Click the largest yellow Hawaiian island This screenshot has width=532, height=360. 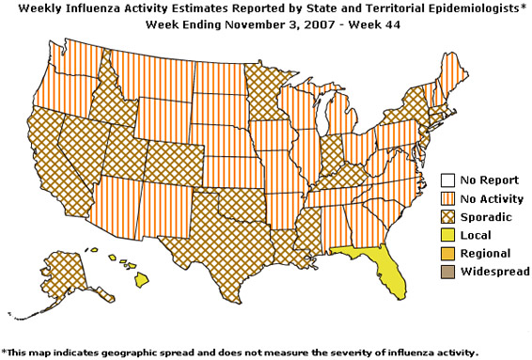click(142, 279)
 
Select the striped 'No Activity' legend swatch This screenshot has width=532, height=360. click(448, 197)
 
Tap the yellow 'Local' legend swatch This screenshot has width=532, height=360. click(448, 234)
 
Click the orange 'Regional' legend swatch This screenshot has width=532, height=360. click(448, 253)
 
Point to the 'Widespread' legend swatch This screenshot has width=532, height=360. click(448, 271)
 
